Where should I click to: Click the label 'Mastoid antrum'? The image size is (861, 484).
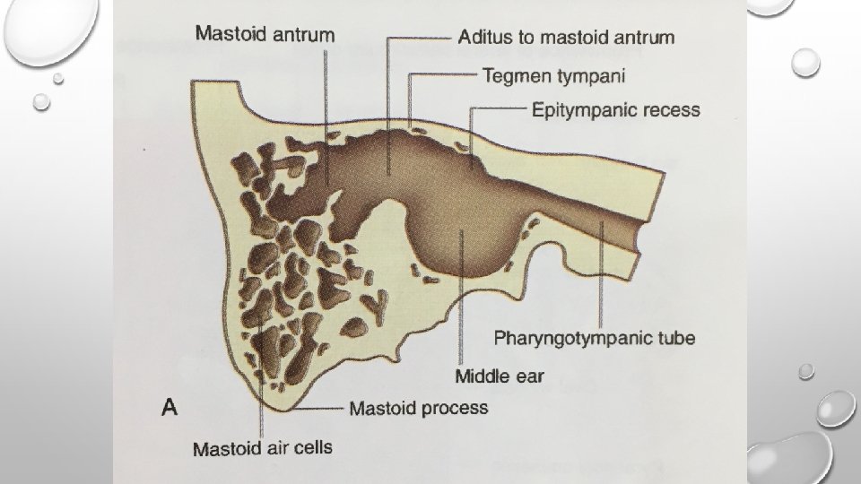point(265,36)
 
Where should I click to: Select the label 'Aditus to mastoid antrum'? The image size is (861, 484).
point(566,38)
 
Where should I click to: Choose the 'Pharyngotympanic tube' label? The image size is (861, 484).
point(595,338)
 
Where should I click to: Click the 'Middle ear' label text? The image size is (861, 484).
point(499,376)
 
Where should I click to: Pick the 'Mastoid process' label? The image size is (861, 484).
point(419,409)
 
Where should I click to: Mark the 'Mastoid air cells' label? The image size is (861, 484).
point(262,447)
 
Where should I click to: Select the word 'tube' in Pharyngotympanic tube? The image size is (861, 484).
point(674,338)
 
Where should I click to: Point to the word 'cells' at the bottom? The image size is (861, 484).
point(311,446)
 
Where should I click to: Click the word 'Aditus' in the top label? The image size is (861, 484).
point(485,38)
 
